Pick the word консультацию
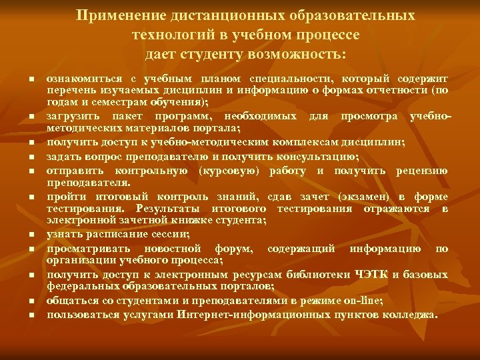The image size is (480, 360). click(x=312, y=157)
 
